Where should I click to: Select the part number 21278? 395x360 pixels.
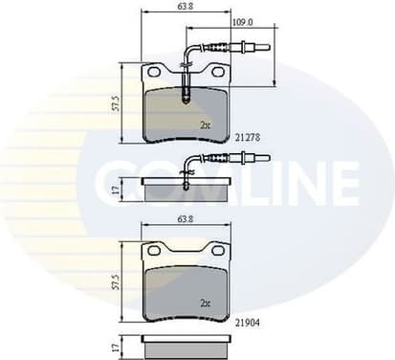247,138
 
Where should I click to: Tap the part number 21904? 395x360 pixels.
247,325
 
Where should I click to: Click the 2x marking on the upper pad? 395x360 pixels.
204,125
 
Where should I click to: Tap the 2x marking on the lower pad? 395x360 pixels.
204,303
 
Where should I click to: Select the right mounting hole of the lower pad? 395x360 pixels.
219,252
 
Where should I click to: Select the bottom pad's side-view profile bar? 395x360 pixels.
186,342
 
